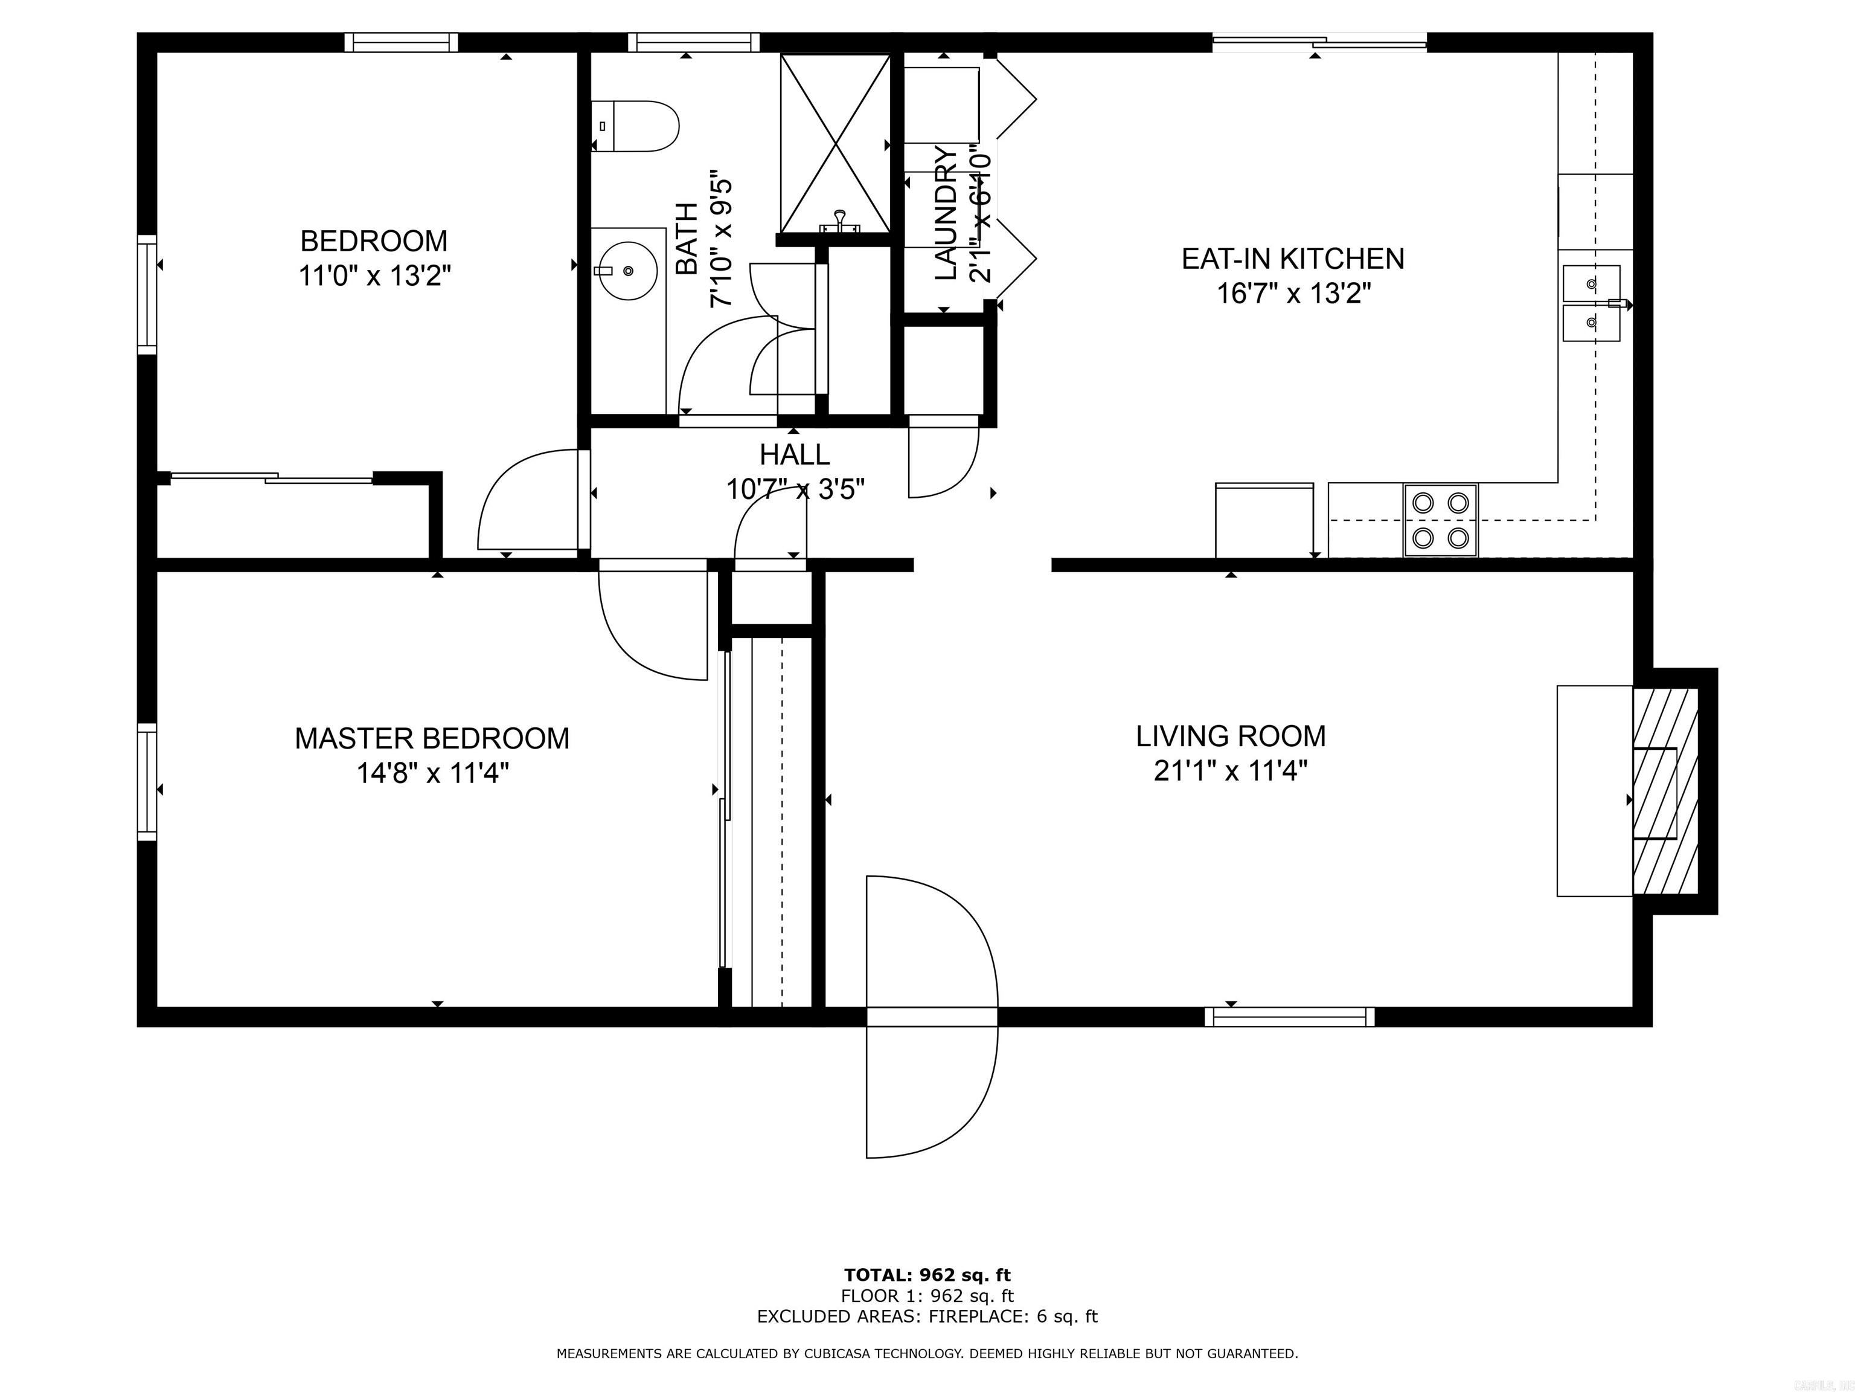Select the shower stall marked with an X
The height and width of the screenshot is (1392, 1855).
pos(835,143)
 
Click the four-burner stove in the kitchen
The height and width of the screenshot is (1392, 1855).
pos(1440,520)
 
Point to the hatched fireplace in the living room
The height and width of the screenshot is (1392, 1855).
pos(1665,792)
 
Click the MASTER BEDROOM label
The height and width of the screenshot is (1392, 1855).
pos(432,738)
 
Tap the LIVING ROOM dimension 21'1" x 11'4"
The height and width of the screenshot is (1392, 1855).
pos(1230,770)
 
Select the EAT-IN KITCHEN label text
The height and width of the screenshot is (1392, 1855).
pos(1292,259)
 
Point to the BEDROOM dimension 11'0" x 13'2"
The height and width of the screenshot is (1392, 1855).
pos(375,275)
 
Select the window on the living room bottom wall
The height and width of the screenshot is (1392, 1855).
pos(1289,1017)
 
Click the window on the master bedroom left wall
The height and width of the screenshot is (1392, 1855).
pos(147,781)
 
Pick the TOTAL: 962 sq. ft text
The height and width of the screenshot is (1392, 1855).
pos(927,1275)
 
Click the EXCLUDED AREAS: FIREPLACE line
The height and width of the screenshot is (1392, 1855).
pos(927,1316)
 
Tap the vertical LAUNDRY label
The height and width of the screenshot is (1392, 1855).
pos(945,213)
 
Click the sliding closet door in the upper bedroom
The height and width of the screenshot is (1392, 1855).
pos(272,478)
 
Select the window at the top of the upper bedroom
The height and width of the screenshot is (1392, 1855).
pos(401,42)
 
